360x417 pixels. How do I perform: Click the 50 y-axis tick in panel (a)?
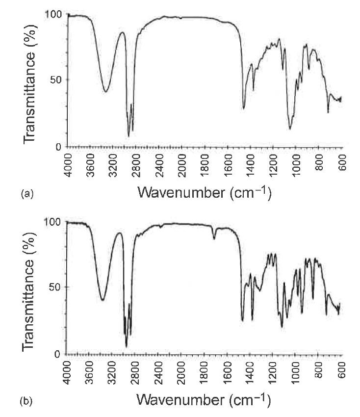pos(57,80)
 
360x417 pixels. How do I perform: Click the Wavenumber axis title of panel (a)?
pos(204,192)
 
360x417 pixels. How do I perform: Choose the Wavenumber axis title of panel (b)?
pos(204,400)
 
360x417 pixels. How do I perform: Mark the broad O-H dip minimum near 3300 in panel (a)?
pos(105,91)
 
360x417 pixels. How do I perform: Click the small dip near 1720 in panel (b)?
pos(214,239)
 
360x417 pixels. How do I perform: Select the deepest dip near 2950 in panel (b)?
pos(126,346)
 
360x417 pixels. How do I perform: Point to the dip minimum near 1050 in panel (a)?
pos(290,129)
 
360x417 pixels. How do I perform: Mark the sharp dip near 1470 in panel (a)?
pos(243,108)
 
